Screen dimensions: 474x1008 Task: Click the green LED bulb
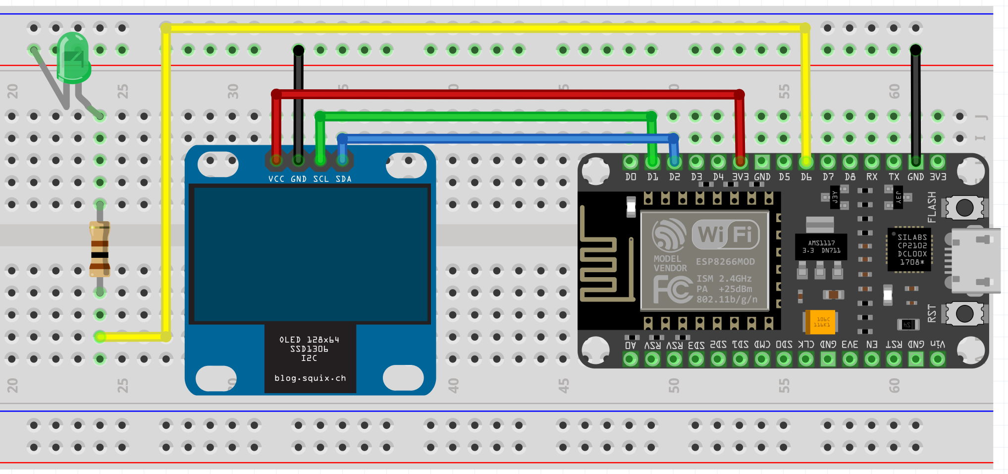(74, 57)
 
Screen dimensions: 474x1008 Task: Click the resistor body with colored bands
(100, 249)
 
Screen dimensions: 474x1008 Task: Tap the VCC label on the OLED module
(276, 179)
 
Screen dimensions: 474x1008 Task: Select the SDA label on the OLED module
(343, 179)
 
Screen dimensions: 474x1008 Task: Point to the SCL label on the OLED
(320, 179)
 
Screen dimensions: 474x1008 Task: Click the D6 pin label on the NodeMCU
(806, 177)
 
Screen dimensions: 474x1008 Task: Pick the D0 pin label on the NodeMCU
(631, 177)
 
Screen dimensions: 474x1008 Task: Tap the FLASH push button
(964, 207)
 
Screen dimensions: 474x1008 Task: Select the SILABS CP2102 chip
(909, 249)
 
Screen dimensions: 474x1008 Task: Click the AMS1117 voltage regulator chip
(821, 246)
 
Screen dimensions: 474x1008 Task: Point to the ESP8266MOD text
(725, 262)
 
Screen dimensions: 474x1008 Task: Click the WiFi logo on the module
(725, 234)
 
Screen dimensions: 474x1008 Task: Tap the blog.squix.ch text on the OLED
(310, 378)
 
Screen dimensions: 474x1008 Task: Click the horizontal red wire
(505, 94)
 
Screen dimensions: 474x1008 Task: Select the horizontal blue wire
(505, 138)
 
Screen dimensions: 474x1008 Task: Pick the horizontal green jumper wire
(485, 117)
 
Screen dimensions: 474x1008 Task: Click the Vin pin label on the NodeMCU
(937, 344)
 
